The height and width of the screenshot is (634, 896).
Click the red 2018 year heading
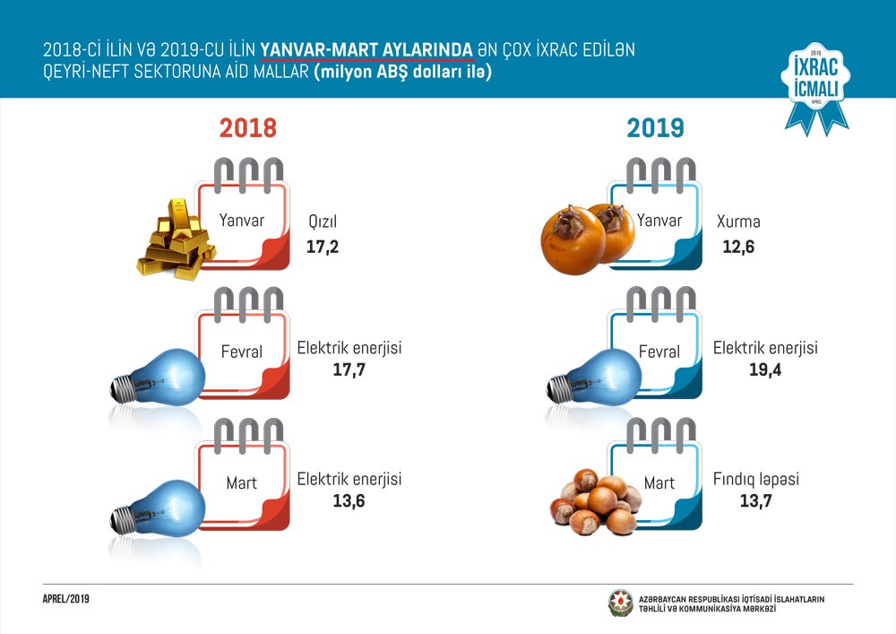(248, 127)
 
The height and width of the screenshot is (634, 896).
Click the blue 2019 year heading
(656, 127)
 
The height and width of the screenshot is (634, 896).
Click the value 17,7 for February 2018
(349, 369)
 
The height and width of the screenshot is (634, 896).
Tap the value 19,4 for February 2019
(765, 369)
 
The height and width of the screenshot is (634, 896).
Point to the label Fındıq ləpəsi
(756, 480)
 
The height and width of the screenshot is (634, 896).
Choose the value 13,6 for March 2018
(349, 500)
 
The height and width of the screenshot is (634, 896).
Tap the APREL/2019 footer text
(66, 598)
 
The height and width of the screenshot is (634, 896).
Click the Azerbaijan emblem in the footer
(620, 603)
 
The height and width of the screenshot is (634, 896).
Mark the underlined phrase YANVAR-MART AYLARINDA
(367, 50)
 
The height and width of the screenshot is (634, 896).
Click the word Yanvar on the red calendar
(242, 221)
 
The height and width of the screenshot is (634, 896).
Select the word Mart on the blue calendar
(659, 483)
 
